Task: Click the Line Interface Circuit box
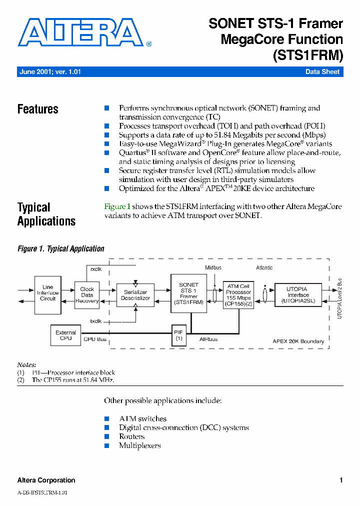(x=48, y=294)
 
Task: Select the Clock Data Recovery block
(x=87, y=295)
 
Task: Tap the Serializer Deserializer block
(x=135, y=295)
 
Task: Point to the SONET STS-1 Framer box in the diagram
(x=188, y=293)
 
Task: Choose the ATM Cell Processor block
(x=238, y=295)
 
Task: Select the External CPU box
(x=65, y=335)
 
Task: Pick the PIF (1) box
(x=178, y=335)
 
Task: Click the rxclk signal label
(x=96, y=268)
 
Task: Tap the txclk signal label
(x=96, y=321)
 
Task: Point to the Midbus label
(x=213, y=267)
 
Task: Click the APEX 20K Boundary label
(x=298, y=341)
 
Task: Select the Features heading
(x=38, y=109)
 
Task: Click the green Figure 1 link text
(x=117, y=206)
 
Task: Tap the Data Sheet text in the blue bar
(x=322, y=72)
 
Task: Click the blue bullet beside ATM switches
(x=106, y=418)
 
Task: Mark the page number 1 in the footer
(x=341, y=480)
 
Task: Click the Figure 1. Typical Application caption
(x=61, y=248)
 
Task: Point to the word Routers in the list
(x=132, y=436)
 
